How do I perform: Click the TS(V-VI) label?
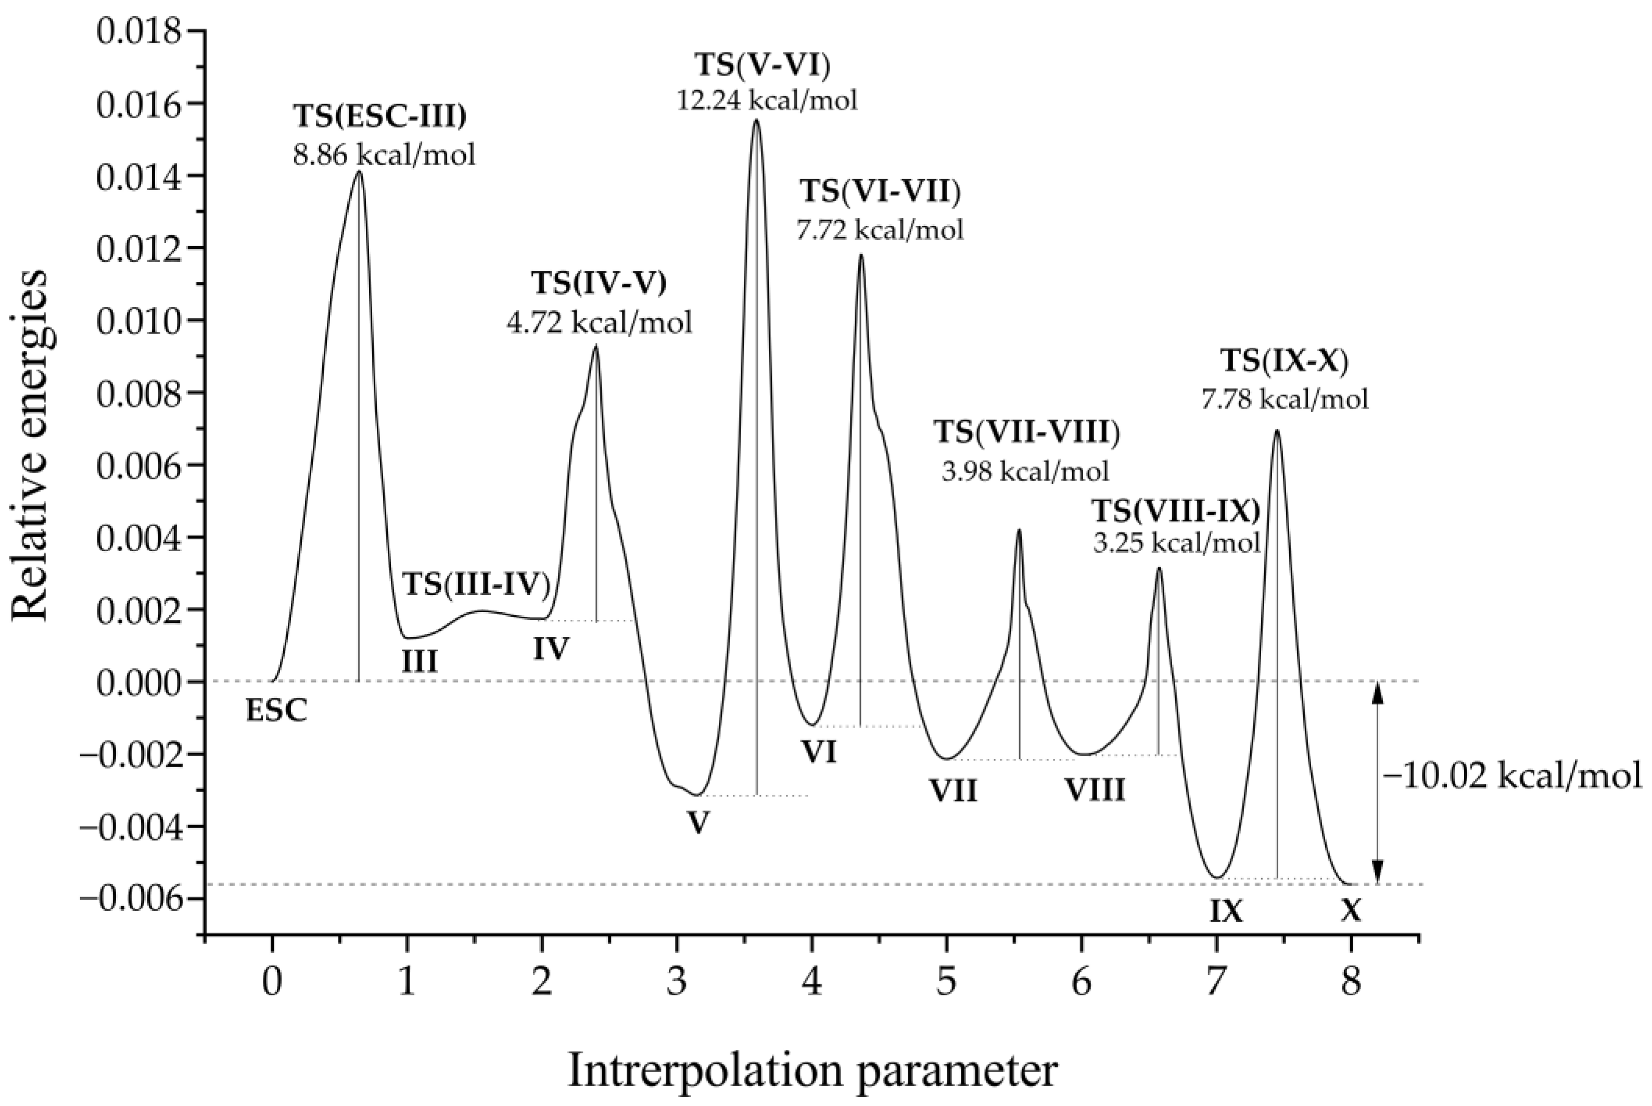(x=762, y=65)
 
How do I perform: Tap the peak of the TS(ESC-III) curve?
(x=359, y=172)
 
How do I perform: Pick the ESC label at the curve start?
(x=276, y=711)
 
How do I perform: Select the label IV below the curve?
(x=550, y=647)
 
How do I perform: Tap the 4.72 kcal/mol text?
(x=599, y=322)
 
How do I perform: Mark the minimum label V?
(x=697, y=822)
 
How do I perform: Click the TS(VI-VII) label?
(x=880, y=192)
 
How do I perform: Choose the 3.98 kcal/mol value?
(x=1025, y=470)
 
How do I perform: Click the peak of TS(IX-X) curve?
(x=1276, y=431)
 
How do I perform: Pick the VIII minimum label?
(x=1094, y=791)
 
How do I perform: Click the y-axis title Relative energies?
(x=31, y=447)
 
